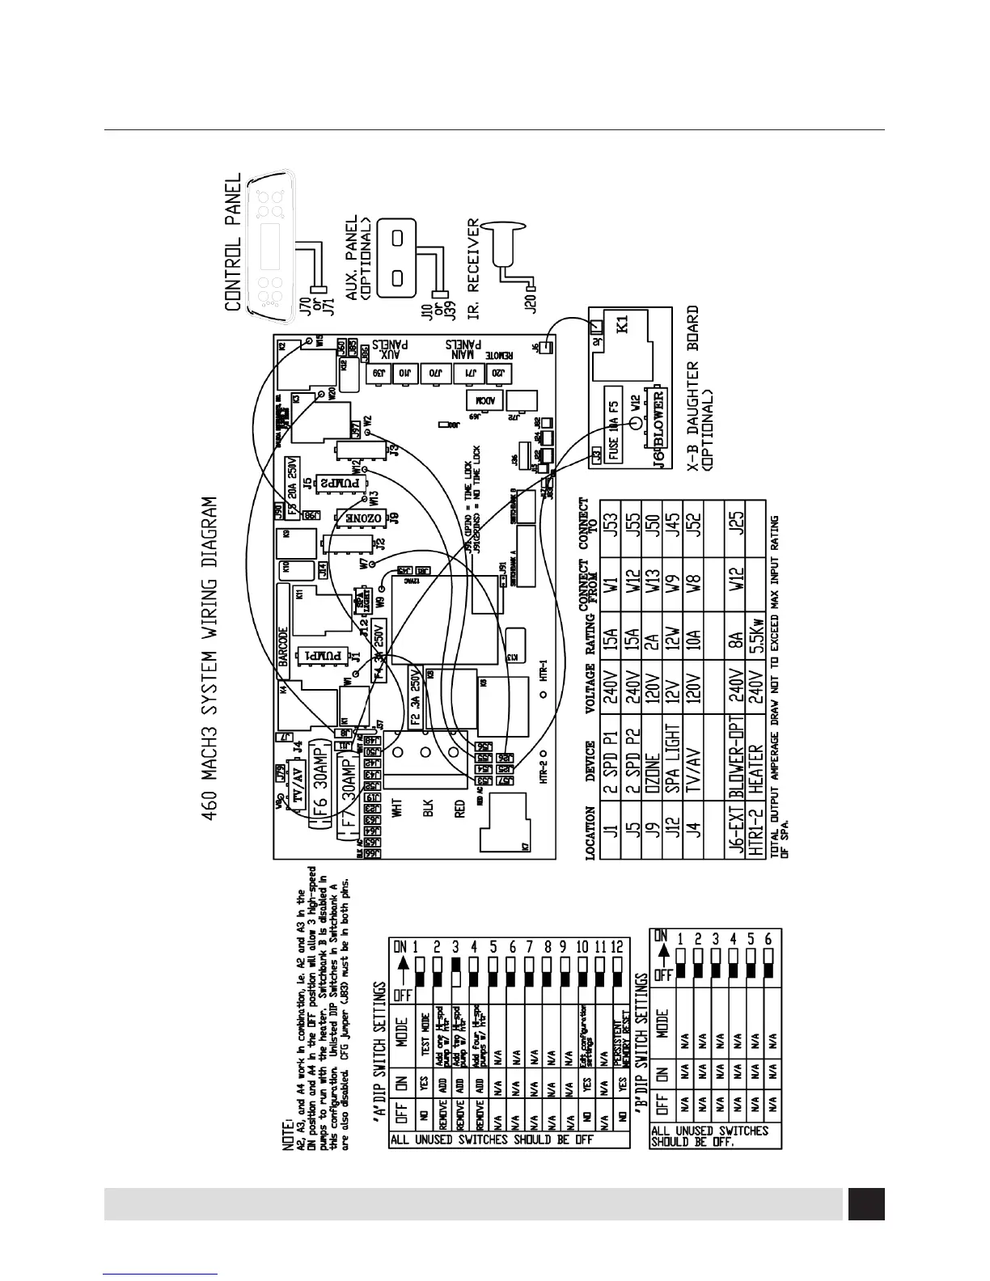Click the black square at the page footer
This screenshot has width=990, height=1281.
(x=865, y=1203)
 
